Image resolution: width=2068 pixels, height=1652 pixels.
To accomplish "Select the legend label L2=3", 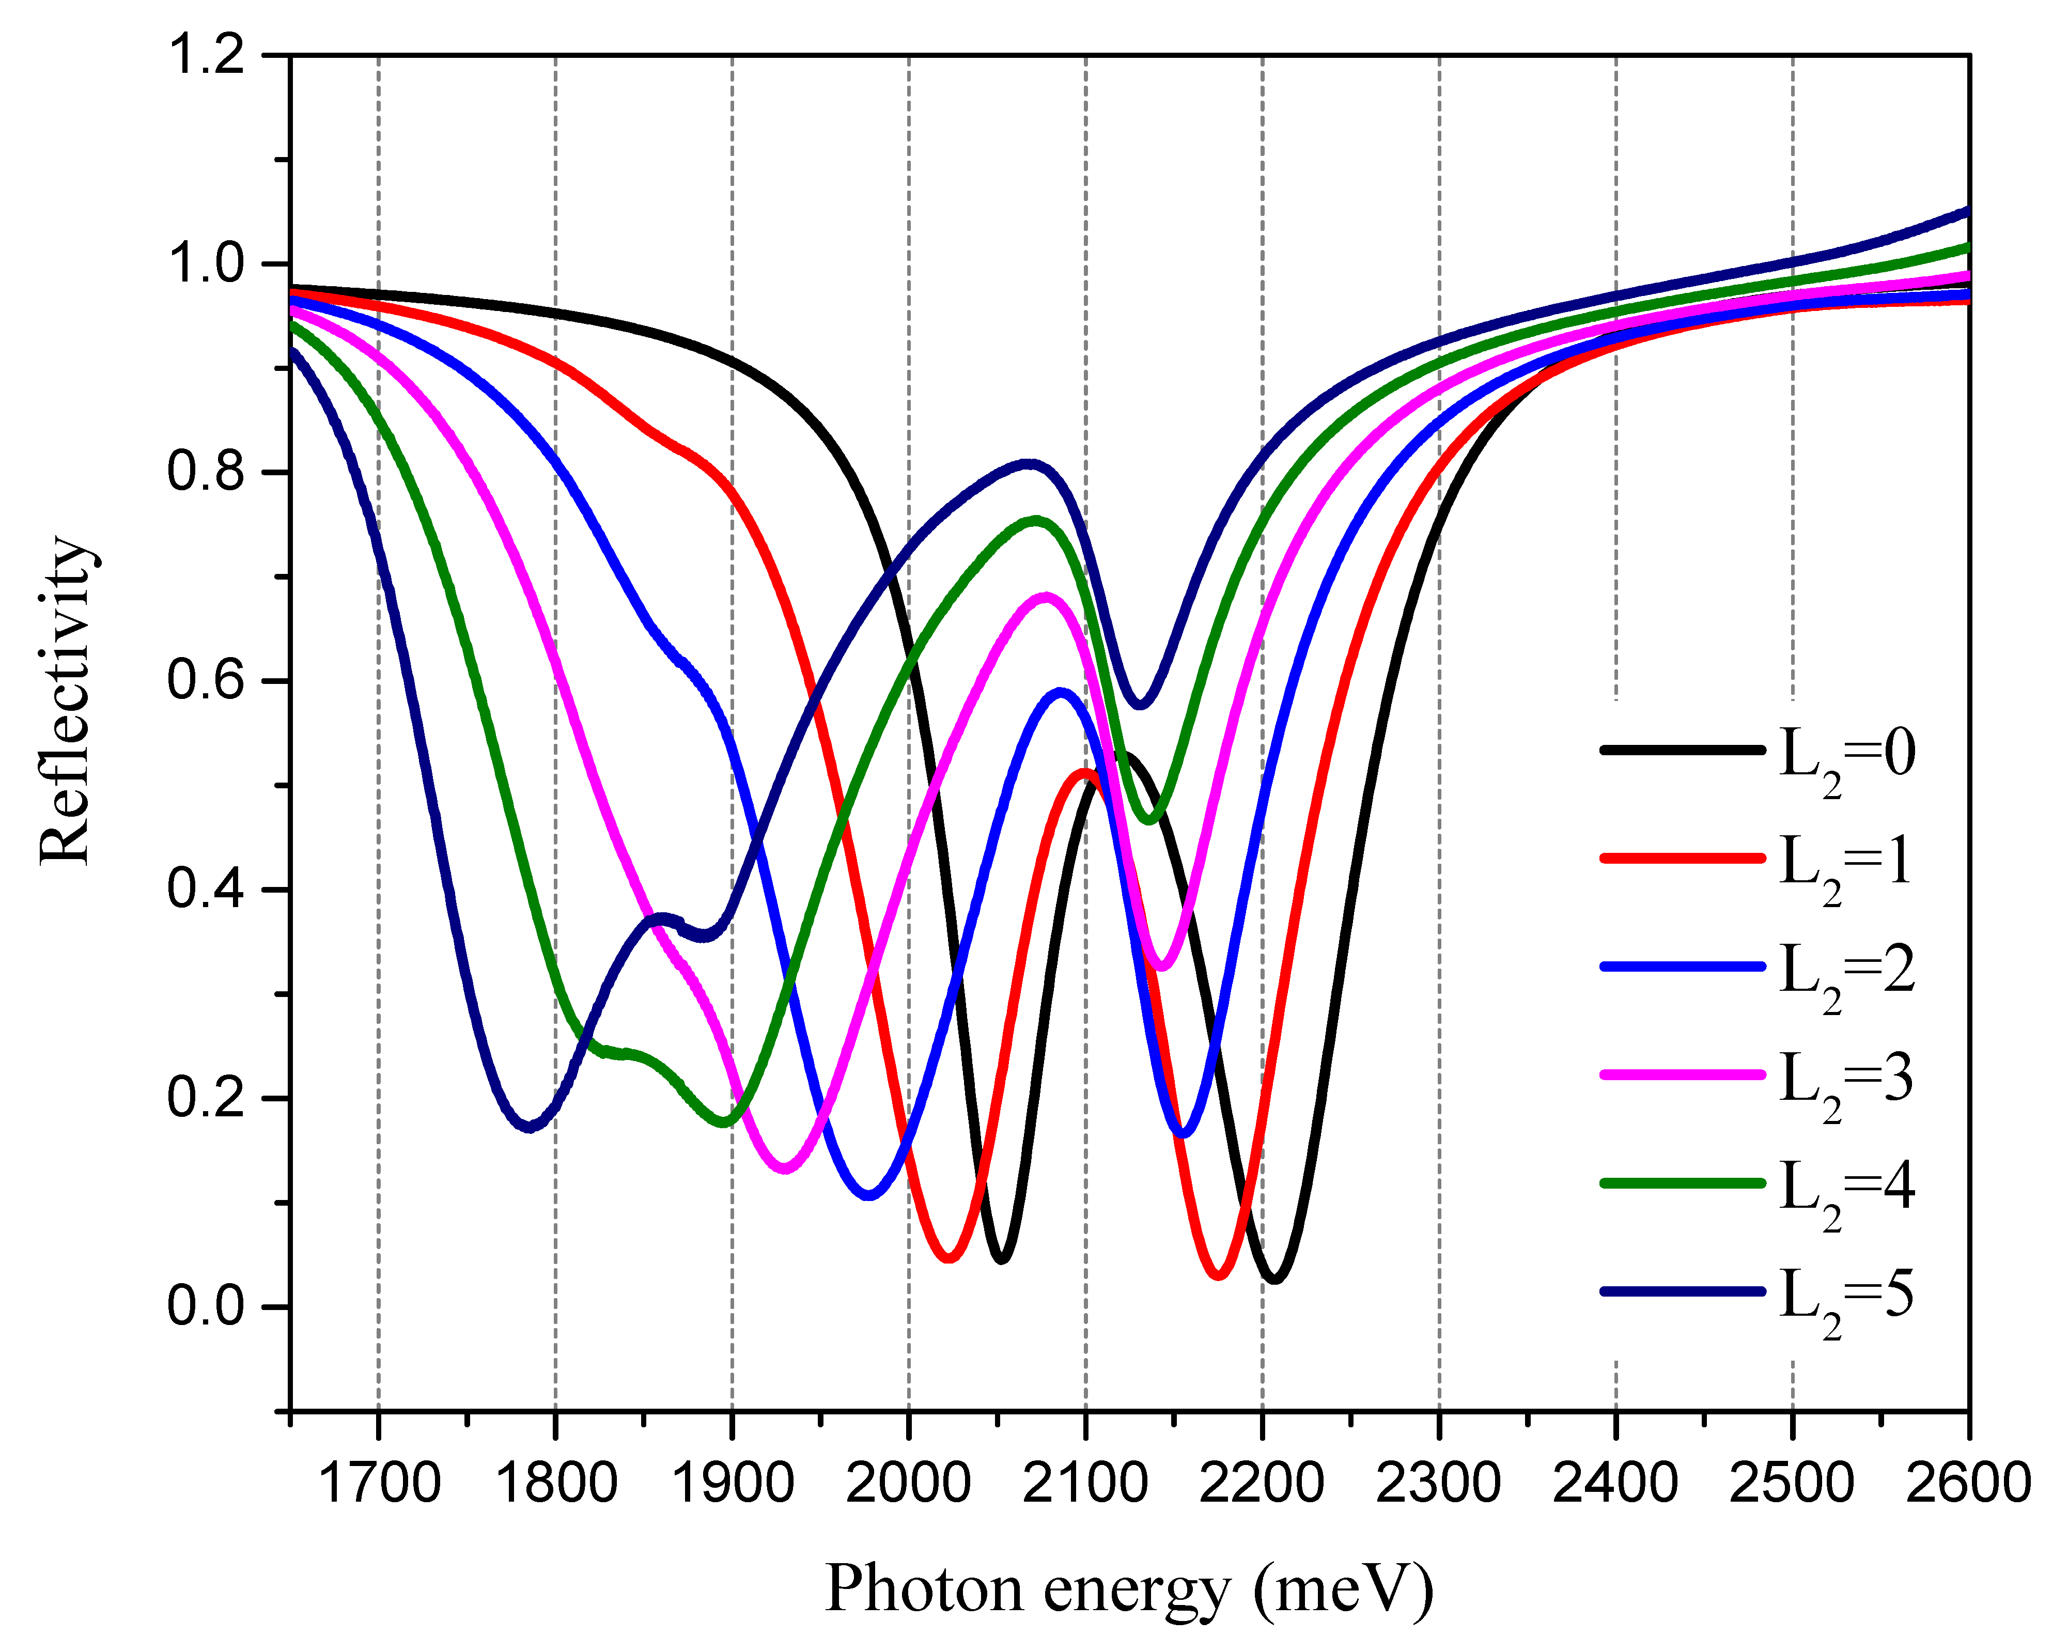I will point(1846,1079).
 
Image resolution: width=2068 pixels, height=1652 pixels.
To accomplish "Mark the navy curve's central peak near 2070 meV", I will point(1028,464).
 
